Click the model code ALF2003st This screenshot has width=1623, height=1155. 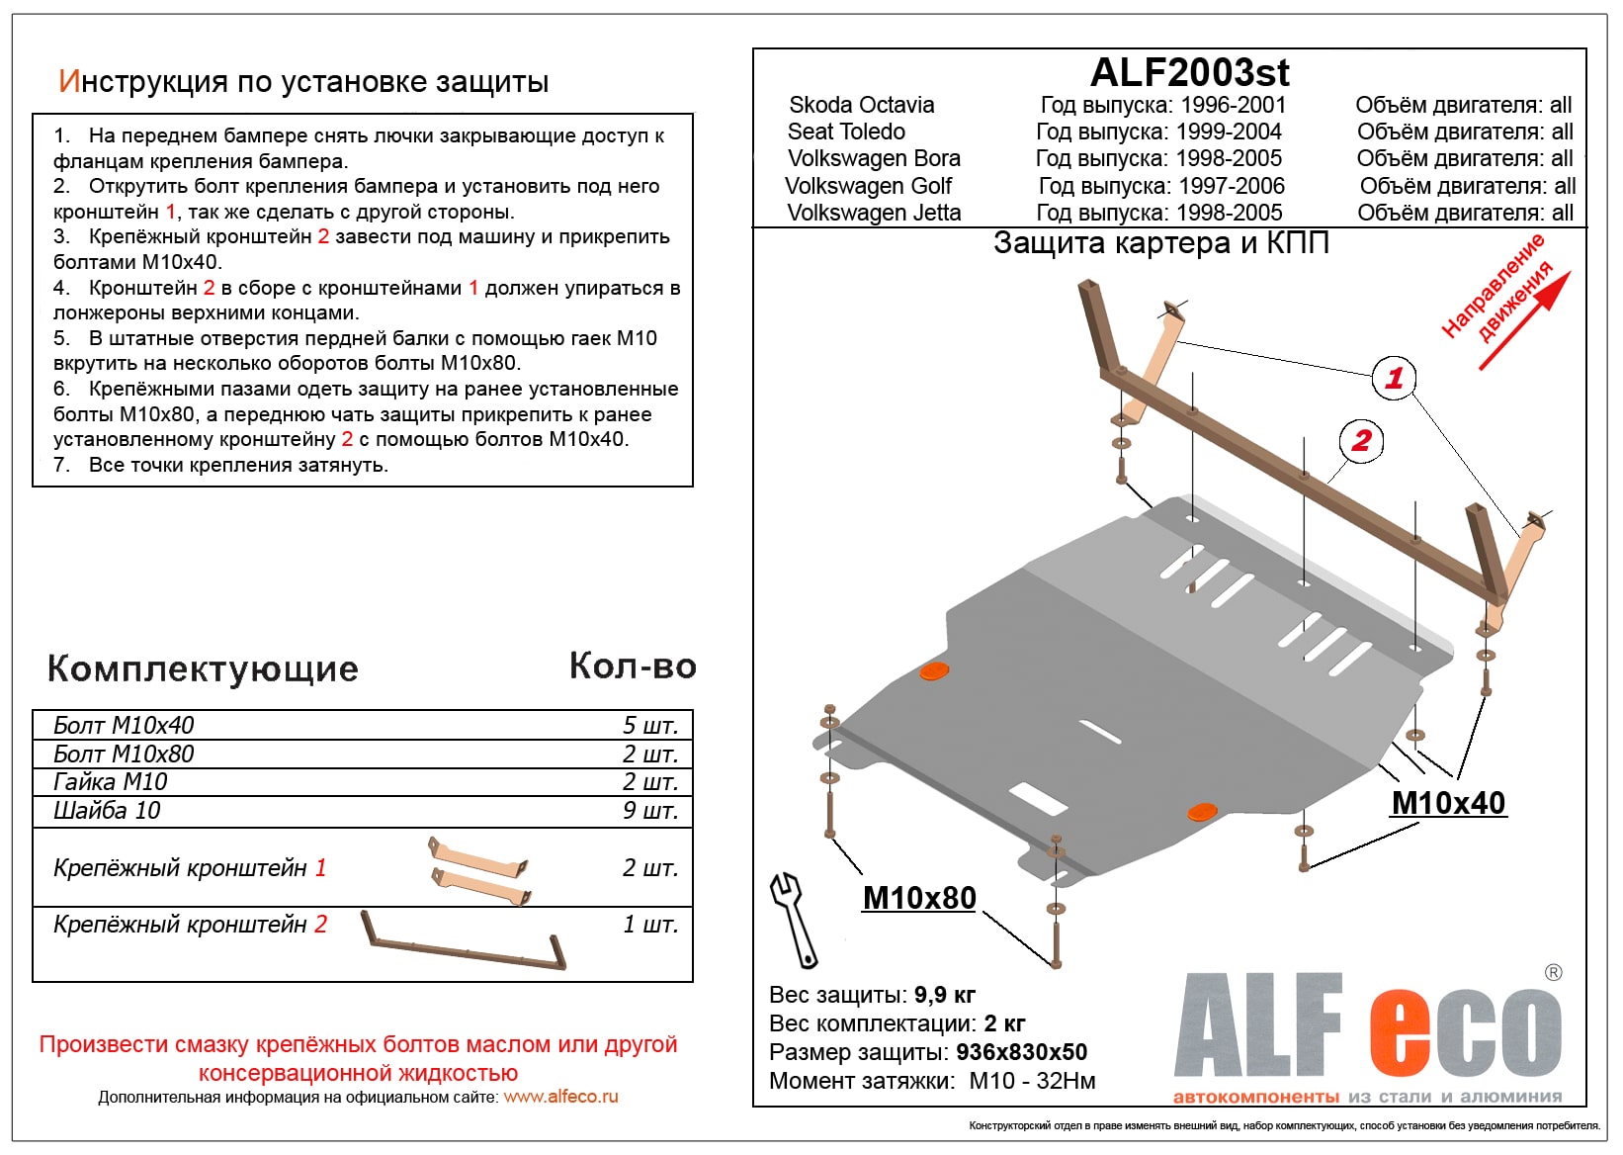[1189, 72]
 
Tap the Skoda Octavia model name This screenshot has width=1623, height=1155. [861, 105]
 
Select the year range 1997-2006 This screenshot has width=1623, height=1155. [1230, 186]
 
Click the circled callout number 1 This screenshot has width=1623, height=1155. [1394, 378]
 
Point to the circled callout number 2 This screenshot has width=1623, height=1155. [1361, 440]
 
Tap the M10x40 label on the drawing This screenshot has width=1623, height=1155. [1448, 803]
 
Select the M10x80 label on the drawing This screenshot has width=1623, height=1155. [919, 898]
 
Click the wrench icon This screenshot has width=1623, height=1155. [794, 919]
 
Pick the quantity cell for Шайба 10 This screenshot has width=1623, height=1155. [649, 811]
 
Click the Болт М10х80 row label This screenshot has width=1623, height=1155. [124, 755]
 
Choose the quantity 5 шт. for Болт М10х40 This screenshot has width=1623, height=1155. [649, 726]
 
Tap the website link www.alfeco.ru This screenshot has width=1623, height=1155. [560, 1097]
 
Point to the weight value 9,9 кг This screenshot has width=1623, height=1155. [944, 995]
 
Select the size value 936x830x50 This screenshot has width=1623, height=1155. [1021, 1052]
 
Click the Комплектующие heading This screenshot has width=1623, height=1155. [203, 669]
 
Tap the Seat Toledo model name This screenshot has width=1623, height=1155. [846, 132]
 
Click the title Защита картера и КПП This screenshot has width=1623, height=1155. [1160, 243]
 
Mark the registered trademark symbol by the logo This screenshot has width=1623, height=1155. [1553, 973]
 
